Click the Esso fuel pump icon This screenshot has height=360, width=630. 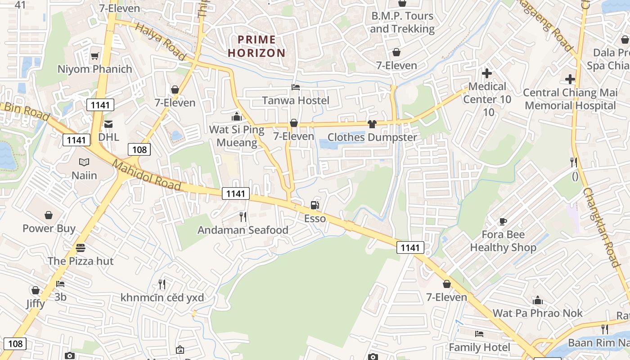tap(315, 206)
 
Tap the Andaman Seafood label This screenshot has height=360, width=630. tap(243, 230)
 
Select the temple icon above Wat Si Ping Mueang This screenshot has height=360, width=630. tap(237, 117)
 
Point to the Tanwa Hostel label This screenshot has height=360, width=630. tap(296, 100)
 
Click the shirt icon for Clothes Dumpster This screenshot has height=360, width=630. tap(372, 124)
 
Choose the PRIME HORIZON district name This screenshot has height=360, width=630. tap(256, 46)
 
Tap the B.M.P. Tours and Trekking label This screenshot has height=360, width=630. tap(402, 22)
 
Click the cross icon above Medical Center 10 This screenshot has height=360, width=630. tap(486, 73)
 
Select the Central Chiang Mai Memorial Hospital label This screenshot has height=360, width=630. tap(570, 99)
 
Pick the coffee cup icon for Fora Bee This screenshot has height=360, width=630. tap(503, 221)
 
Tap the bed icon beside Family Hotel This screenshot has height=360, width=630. tap(479, 334)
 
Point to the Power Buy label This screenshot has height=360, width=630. tap(49, 228)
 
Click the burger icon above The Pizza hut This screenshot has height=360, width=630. tap(81, 247)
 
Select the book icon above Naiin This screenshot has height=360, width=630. tap(84, 162)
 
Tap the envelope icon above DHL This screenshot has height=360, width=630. tap(108, 124)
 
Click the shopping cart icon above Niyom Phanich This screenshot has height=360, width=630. tap(94, 56)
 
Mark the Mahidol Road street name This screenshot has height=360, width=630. tap(146, 175)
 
